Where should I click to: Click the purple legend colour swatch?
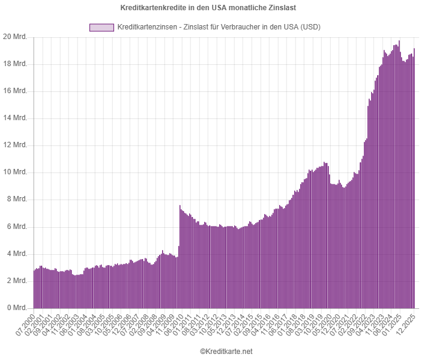point(101,28)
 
